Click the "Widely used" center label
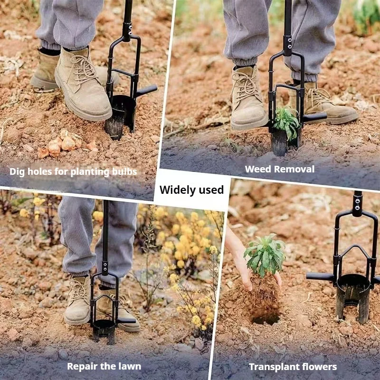tap(191, 190)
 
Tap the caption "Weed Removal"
tap(279, 169)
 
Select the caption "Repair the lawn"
tap(104, 366)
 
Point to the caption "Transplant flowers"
tap(293, 367)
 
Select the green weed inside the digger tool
tap(286, 121)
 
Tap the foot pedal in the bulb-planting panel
tap(146, 90)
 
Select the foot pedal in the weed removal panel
tap(315, 117)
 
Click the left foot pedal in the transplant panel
tap(320, 276)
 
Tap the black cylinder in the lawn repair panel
tap(104, 330)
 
